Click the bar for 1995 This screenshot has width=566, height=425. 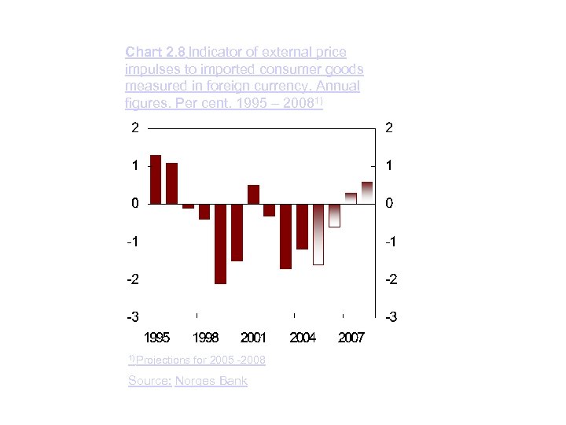(155, 179)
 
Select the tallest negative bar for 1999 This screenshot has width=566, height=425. (220, 243)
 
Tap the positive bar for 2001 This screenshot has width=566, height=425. (253, 194)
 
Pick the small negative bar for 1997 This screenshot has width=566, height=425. (188, 206)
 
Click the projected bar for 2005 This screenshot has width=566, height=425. (318, 235)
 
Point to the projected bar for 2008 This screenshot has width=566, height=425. (367, 192)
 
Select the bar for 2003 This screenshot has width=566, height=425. (285, 236)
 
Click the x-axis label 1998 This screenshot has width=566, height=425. (205, 338)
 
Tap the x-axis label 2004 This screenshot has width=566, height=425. (303, 338)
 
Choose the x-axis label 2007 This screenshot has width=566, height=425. (351, 338)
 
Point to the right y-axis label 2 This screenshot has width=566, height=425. (389, 128)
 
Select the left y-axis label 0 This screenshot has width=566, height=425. (135, 203)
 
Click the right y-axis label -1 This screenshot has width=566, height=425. (391, 242)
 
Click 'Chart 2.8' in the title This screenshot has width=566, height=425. (155, 52)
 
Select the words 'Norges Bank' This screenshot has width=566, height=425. (211, 381)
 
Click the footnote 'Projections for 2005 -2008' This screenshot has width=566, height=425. (200, 360)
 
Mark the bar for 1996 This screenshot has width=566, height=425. (171, 183)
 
